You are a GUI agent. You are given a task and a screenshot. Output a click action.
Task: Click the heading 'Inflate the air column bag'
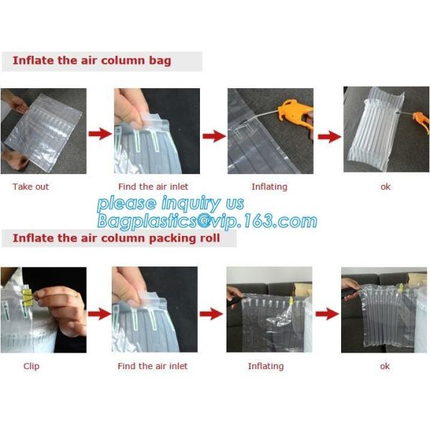[x=92, y=61]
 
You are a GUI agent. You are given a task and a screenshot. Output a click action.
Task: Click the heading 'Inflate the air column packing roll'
[x=116, y=238]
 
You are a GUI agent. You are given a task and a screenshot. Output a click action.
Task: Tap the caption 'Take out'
[x=31, y=187]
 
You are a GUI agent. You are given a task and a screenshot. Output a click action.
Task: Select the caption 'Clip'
[x=32, y=366]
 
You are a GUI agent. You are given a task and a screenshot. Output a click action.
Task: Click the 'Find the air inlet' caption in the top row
[x=153, y=187]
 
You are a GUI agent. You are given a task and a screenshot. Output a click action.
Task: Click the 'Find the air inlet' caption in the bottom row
[x=153, y=366]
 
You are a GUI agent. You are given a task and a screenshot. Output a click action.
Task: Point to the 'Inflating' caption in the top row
[x=269, y=187]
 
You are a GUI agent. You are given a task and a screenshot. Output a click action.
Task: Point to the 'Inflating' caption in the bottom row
[x=266, y=366]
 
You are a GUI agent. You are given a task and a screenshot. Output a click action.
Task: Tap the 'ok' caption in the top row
[x=386, y=187]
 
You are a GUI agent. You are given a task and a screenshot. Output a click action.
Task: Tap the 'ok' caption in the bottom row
[x=385, y=366]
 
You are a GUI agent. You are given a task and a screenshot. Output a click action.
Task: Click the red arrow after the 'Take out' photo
[x=100, y=134]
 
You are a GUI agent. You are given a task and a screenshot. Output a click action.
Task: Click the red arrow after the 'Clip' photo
[x=100, y=314]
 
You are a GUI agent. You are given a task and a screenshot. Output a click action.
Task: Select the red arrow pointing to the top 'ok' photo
[x=330, y=136]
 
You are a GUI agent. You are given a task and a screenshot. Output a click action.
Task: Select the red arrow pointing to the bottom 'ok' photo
[x=328, y=314]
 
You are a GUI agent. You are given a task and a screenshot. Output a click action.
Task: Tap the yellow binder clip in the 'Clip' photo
[x=27, y=296]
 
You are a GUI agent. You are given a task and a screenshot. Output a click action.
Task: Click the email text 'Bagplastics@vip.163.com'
[x=207, y=221]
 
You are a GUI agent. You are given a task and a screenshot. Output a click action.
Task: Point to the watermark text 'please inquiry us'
[x=171, y=204]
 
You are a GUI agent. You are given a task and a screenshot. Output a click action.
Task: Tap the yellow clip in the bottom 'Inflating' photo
[x=291, y=302]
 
